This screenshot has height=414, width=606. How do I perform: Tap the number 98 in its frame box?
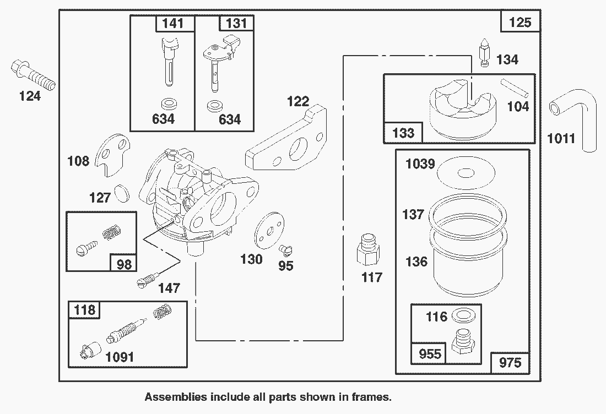[x=125, y=264]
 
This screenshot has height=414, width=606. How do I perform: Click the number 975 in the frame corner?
[x=510, y=363]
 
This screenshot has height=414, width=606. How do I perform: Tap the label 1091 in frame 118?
[x=119, y=357]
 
